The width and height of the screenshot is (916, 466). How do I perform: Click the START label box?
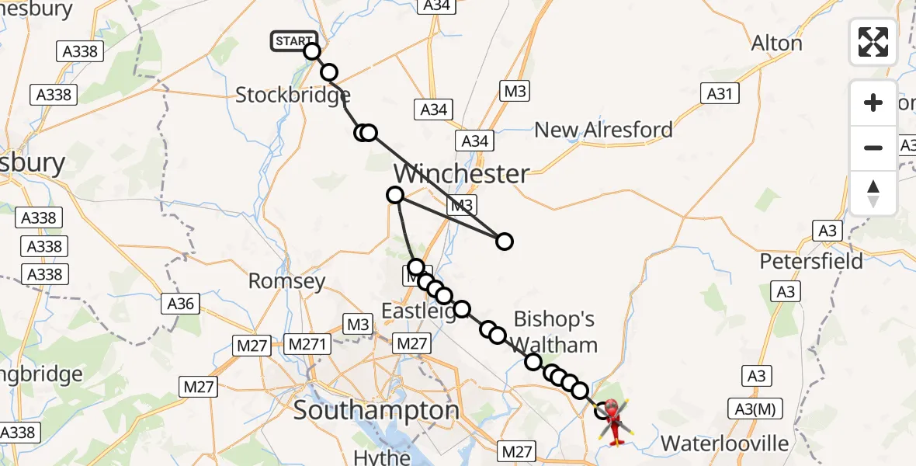293,41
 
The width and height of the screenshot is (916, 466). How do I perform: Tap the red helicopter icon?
613,420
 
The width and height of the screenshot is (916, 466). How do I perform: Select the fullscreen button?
873,42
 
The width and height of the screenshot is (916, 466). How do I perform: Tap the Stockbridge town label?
293,96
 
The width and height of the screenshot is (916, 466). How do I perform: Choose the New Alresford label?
603,130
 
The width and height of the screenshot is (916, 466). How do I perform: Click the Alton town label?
776,43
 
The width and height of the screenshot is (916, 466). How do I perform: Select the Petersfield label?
811,261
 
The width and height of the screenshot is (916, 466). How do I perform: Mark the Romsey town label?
286,280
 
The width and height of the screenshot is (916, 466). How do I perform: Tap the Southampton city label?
376,411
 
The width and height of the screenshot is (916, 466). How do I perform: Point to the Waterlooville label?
724,444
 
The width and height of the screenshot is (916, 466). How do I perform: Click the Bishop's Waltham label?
555,332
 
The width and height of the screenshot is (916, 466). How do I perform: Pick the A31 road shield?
719,94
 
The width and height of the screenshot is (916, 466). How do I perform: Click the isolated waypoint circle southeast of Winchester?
505,242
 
